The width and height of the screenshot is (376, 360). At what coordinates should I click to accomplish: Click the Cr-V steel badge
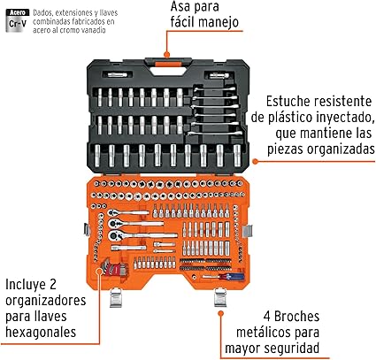pos(18,20)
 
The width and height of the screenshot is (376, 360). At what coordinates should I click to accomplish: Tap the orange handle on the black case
pos(167,65)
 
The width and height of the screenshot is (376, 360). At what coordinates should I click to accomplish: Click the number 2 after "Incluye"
pos(52,285)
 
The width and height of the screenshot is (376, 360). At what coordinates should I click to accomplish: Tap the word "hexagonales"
pos(41,333)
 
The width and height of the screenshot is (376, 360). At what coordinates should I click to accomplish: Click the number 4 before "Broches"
pos(267,317)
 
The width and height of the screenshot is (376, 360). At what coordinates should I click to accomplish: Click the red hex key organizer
pos(113,268)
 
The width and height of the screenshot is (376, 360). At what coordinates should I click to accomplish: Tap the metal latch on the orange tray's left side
pos(87,229)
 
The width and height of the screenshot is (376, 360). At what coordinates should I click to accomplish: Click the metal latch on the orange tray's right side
pos(248,231)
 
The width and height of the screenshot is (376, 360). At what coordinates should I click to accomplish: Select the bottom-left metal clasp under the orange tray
pos(116,298)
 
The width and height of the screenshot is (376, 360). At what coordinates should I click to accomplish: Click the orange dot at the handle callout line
pos(167,55)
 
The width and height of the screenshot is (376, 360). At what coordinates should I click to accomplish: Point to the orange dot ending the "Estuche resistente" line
pos(256,161)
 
